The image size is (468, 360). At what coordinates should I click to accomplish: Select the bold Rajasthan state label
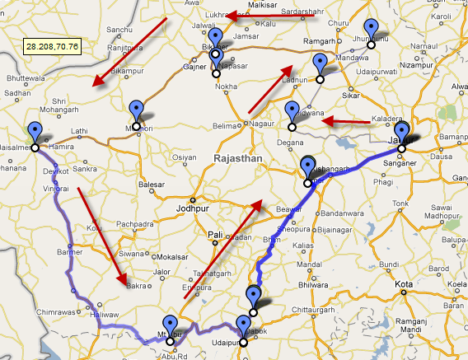pyautogui.click(x=237, y=157)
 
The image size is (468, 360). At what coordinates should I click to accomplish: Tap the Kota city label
pyautogui.click(x=404, y=284)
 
